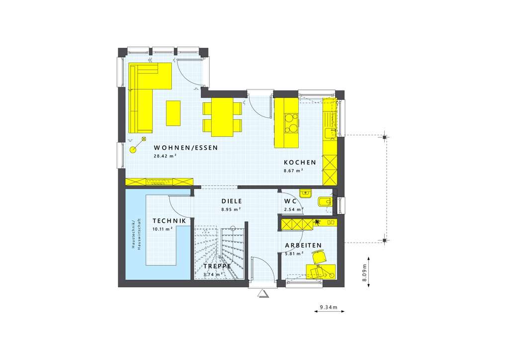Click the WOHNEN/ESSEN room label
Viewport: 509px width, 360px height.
[186, 148]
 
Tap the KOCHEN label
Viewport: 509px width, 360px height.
[300, 163]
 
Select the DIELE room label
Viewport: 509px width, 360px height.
[232, 201]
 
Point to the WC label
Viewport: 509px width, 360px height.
[291, 201]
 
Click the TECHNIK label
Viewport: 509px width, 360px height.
[170, 221]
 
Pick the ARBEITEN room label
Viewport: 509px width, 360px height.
[303, 246]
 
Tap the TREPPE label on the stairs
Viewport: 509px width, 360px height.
[217, 266]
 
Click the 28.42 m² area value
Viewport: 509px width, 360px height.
[165, 156]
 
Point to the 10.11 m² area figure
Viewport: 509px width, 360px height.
[163, 229]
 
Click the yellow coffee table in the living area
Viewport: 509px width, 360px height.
[173, 113]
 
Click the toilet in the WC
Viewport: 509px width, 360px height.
[324, 202]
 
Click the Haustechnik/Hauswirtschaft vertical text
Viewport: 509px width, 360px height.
[137, 234]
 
